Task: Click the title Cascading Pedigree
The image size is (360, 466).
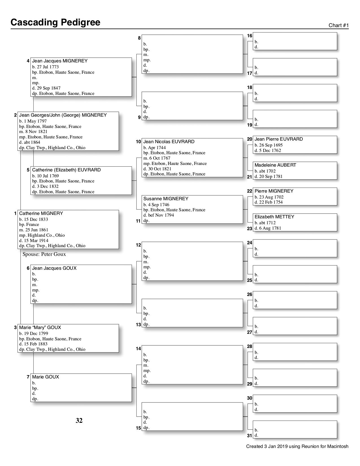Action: [x=55, y=22]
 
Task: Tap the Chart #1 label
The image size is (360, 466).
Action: [x=339, y=25]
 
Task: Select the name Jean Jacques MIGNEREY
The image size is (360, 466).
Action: [x=60, y=61]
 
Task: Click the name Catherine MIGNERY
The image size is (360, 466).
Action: [x=41, y=214]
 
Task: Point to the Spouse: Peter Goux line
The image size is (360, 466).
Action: [x=44, y=254]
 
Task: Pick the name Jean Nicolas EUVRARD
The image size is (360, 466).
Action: [x=169, y=142]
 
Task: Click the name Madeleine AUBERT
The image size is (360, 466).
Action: [x=275, y=165]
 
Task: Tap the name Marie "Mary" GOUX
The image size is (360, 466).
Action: [x=40, y=328]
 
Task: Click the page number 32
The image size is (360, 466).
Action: [x=79, y=421]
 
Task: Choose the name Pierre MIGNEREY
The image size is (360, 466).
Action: [x=274, y=191]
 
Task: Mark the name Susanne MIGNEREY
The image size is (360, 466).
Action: [x=166, y=199]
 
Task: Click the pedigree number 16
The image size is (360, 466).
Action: [x=250, y=36]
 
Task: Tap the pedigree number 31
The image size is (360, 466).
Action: [x=250, y=436]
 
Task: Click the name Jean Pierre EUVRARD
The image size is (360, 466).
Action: [x=279, y=139]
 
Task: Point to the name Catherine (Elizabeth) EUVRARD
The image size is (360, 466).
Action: [x=66, y=170]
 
